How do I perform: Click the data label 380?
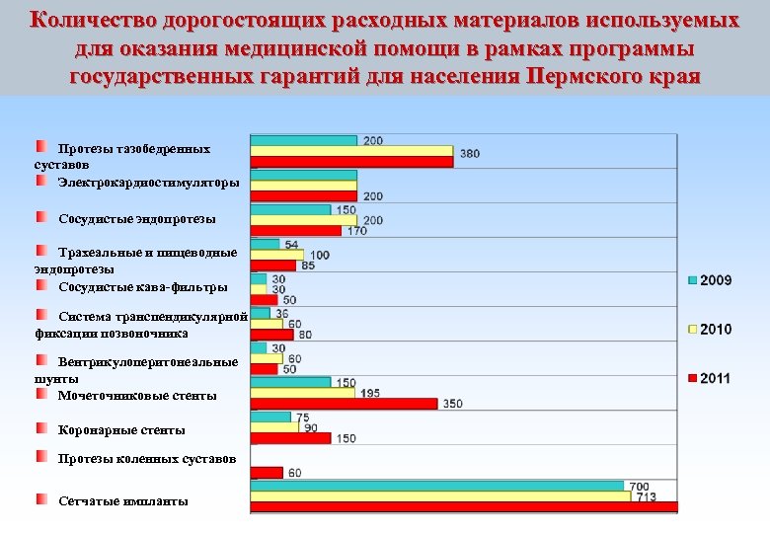click(x=470, y=153)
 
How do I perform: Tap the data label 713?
click(x=647, y=496)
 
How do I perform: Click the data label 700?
click(x=641, y=486)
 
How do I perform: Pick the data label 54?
click(x=292, y=244)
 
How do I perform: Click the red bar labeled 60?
click(x=267, y=473)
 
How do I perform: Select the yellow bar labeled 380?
click(x=351, y=152)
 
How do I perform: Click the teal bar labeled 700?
click(x=437, y=486)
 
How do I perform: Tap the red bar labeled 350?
click(x=344, y=404)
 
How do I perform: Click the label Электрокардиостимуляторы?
click(x=148, y=183)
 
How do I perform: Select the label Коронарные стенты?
click(x=121, y=430)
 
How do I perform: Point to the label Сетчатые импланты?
click(x=122, y=501)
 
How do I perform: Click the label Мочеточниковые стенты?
click(x=137, y=396)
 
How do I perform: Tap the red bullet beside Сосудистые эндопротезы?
click(x=41, y=215)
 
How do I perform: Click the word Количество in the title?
click(x=102, y=21)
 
